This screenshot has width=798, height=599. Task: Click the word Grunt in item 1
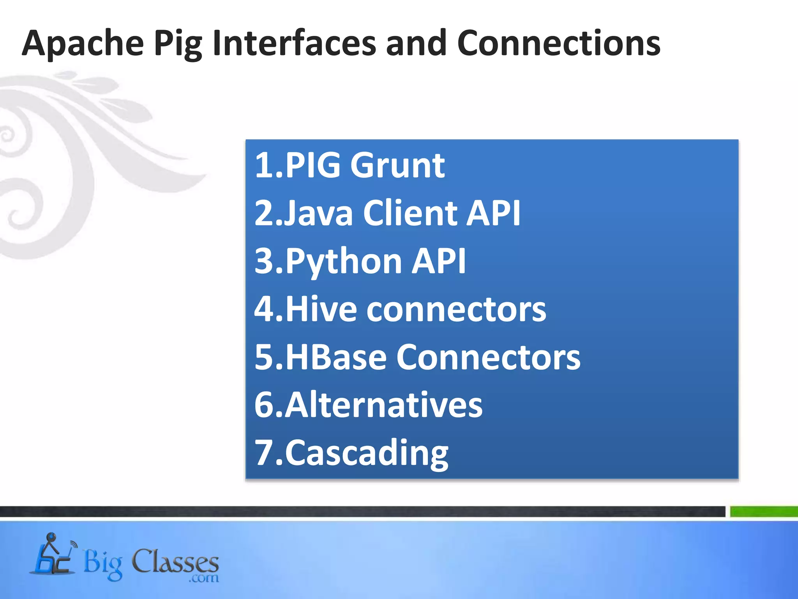397,165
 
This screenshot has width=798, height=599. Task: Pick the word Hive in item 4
321,309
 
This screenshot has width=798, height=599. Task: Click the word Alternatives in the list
384,405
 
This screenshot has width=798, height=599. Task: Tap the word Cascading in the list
367,454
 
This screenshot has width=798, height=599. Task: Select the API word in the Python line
439,261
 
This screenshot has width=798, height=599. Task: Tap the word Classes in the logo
175,562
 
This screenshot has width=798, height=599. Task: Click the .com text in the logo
204,578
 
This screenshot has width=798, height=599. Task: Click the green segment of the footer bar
764,511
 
